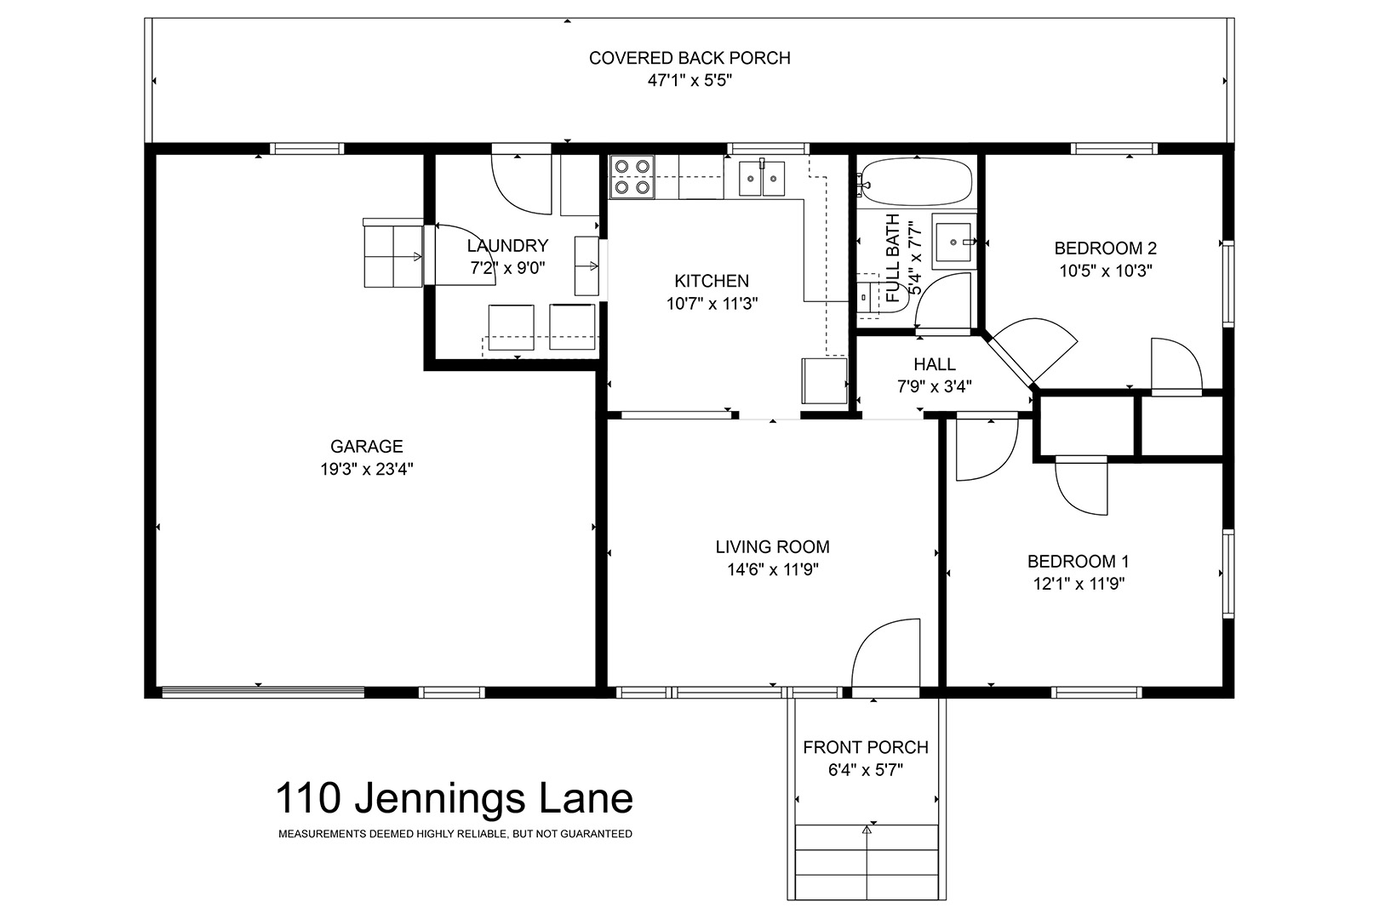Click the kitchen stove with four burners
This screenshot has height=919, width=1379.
[632, 177]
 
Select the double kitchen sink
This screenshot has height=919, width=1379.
[762, 178]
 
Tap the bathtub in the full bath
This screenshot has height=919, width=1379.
[917, 182]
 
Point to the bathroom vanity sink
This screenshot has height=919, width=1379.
[954, 242]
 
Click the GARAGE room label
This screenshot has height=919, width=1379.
[367, 446]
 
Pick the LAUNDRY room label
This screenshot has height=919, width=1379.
[507, 246]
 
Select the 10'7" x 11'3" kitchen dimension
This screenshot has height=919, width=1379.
[712, 304]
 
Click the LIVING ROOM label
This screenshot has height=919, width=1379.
[773, 546]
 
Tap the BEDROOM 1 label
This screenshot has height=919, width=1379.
[1078, 562]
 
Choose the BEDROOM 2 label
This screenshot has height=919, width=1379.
[1106, 248]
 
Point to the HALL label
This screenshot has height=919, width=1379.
[935, 364]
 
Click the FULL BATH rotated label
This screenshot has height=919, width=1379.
[893, 258]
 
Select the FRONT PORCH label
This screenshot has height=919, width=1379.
[866, 747]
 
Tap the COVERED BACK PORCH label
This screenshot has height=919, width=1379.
[689, 58]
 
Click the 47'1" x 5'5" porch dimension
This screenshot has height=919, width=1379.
[689, 81]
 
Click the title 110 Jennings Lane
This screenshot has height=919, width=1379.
[455, 798]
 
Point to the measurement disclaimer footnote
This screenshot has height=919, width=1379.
[455, 834]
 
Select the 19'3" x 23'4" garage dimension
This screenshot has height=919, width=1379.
[367, 469]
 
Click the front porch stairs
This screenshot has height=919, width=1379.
[867, 862]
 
